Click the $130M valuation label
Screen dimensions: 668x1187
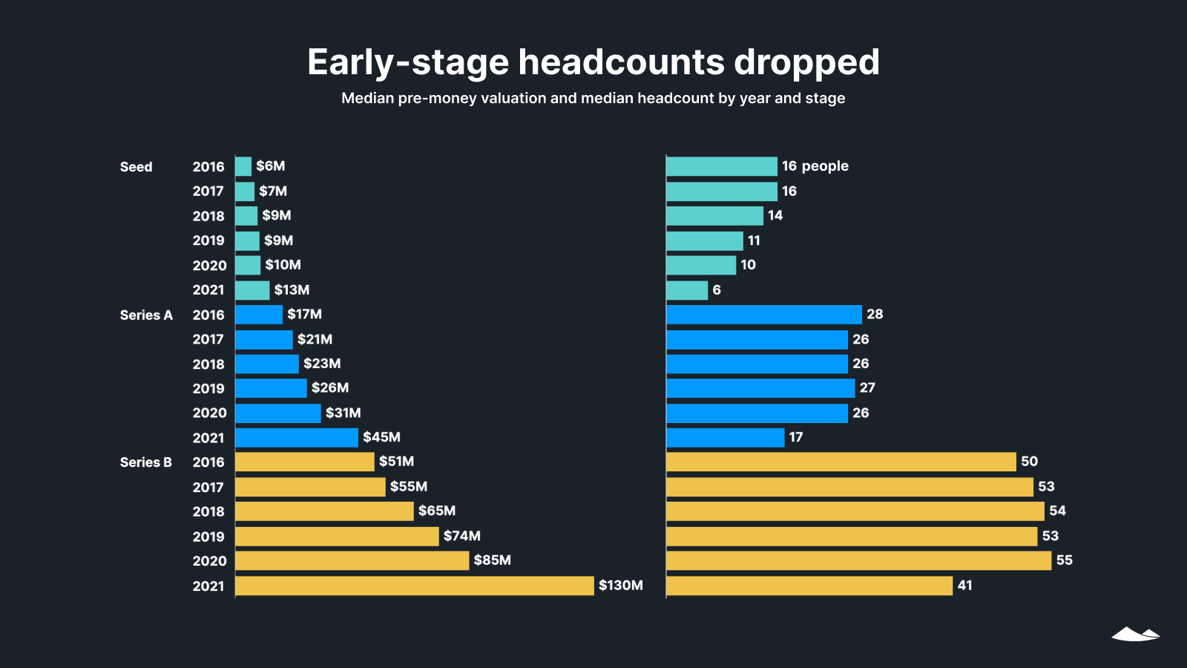pyautogui.click(x=620, y=586)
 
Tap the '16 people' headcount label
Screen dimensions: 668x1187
pyautogui.click(x=815, y=166)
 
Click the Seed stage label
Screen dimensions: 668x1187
pyautogui.click(x=136, y=167)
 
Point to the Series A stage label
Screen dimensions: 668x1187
pyautogui.click(x=146, y=315)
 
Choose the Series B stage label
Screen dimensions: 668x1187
pyautogui.click(x=145, y=462)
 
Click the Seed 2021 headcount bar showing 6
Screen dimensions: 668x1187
pyautogui.click(x=687, y=290)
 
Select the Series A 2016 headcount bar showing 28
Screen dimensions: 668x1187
pyautogui.click(x=763, y=315)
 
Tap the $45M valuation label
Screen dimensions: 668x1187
pyautogui.click(x=381, y=437)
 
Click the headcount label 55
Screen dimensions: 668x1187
pyautogui.click(x=1064, y=560)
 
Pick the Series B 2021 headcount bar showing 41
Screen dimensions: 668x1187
pyautogui.click(x=809, y=586)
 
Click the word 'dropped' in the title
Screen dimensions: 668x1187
pyautogui.click(x=806, y=62)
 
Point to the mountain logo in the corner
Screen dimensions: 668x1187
pyautogui.click(x=1135, y=634)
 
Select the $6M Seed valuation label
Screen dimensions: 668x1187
pyautogui.click(x=270, y=166)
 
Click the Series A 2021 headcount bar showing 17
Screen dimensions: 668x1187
pyautogui.click(x=725, y=438)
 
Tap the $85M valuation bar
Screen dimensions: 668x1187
pyautogui.click(x=352, y=560)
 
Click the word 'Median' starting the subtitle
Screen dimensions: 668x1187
pyautogui.click(x=367, y=98)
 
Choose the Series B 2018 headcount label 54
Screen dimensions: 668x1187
pyautogui.click(x=1057, y=511)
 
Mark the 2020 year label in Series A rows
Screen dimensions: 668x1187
pyautogui.click(x=209, y=413)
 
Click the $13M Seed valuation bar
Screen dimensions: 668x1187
pyautogui.click(x=252, y=290)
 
